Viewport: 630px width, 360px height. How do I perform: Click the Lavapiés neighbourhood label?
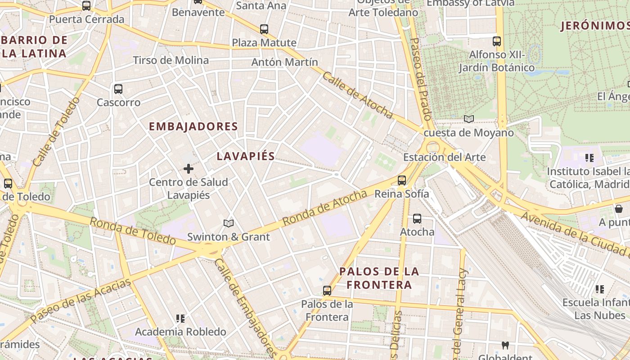pyautogui.click(x=246, y=156)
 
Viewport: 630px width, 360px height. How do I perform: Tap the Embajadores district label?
pyautogui.click(x=193, y=126)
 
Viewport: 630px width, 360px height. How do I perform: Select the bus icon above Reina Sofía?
pyautogui.click(x=402, y=180)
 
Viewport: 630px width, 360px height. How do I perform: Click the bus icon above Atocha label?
pyautogui.click(x=417, y=219)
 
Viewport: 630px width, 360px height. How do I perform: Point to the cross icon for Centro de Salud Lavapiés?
pyautogui.click(x=189, y=169)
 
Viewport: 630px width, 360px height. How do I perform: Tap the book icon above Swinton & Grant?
pyautogui.click(x=229, y=223)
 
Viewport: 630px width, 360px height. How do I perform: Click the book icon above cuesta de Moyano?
pyautogui.click(x=469, y=119)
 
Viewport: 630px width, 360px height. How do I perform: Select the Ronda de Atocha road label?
pyautogui.click(x=325, y=208)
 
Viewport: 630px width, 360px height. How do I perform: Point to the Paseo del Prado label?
pyautogui.click(x=422, y=78)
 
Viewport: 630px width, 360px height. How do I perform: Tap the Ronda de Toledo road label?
pyautogui.click(x=132, y=230)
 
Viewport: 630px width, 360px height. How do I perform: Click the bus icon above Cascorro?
pyautogui.click(x=118, y=89)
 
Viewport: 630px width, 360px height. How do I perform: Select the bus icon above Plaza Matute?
pyautogui.click(x=264, y=29)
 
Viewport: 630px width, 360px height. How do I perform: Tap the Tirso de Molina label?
pyautogui.click(x=171, y=60)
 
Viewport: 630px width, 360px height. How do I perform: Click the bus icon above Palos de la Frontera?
pyautogui.click(x=327, y=291)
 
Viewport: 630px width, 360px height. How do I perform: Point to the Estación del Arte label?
pyautogui.click(x=444, y=157)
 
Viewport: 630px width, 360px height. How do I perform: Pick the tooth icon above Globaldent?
pyautogui.click(x=505, y=346)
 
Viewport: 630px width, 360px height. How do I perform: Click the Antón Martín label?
pyautogui.click(x=284, y=62)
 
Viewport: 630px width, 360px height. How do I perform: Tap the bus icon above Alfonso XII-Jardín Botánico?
pyautogui.click(x=497, y=41)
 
